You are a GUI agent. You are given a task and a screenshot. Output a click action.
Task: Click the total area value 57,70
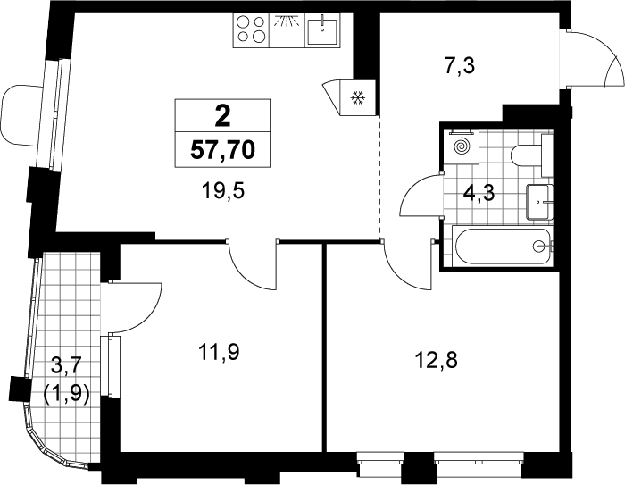point(222,150)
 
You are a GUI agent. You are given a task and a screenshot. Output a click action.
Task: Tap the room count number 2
point(222,117)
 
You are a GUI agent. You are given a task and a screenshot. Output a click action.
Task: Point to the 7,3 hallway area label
point(460,66)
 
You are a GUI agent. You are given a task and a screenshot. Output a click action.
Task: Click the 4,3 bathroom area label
point(479,194)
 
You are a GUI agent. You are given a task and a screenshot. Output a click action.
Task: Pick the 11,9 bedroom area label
point(219,353)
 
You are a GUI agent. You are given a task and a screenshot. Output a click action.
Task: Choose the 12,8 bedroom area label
point(436,361)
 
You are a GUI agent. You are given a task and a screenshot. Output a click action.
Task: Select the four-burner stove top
point(251,29)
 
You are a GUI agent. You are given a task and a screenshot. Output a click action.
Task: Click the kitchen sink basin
point(321,29)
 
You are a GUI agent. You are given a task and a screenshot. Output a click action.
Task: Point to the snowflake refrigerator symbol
point(357,97)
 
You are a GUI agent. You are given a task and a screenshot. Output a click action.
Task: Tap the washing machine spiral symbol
point(462,146)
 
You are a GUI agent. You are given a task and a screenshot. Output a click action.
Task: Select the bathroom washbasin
point(539,202)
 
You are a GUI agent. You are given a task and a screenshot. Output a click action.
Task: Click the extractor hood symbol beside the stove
point(287,29)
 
